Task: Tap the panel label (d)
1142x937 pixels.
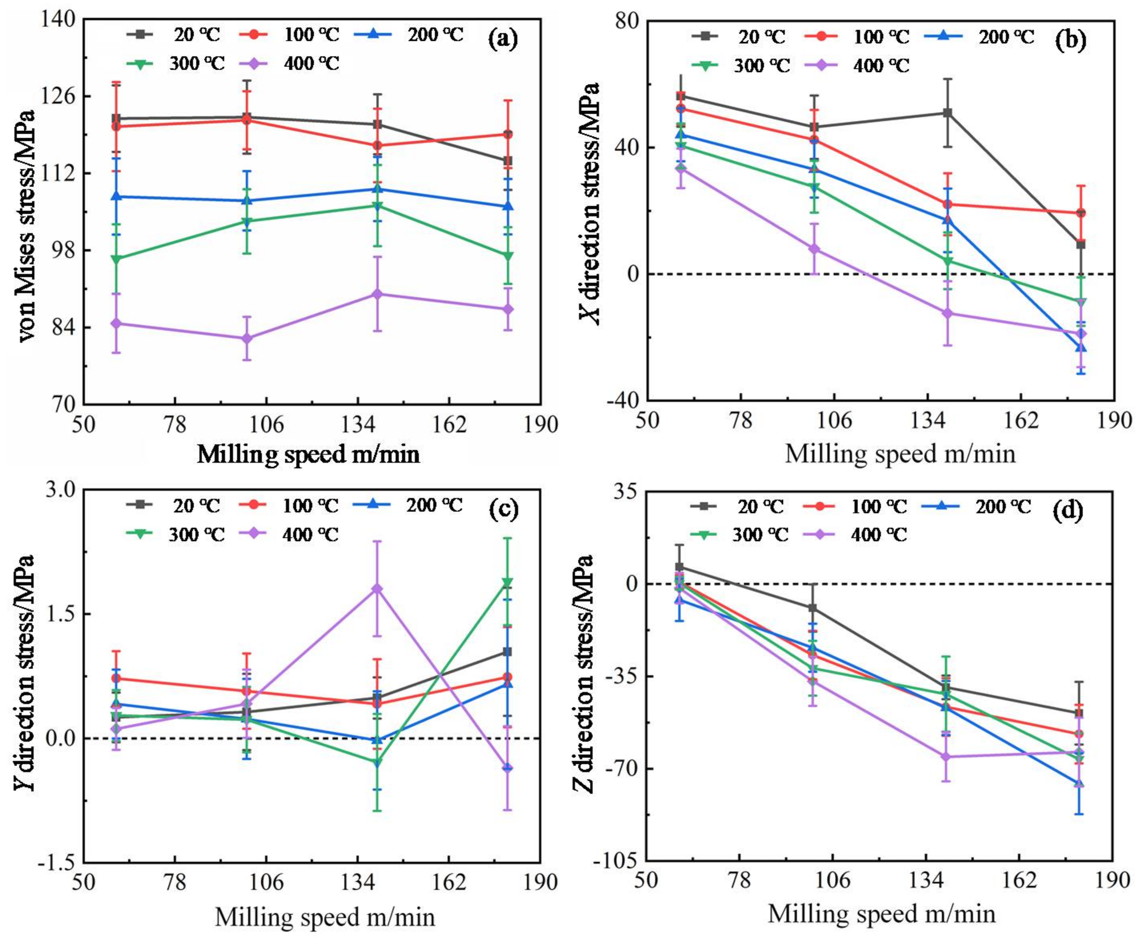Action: point(1068,511)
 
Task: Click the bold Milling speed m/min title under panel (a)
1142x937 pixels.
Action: point(308,454)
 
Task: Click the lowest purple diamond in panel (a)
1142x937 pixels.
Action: point(247,338)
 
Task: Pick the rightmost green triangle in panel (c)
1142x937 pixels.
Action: point(507,582)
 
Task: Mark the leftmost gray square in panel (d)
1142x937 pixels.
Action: point(680,567)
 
